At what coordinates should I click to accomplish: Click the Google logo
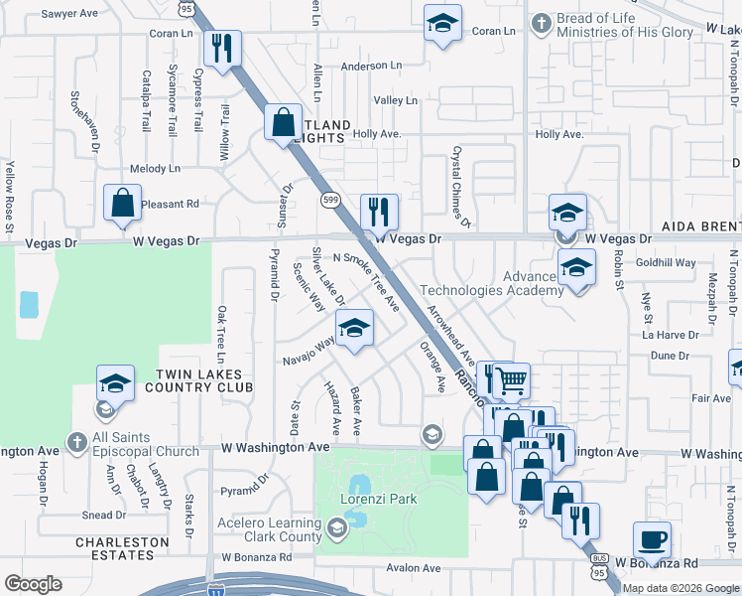[x=33, y=584]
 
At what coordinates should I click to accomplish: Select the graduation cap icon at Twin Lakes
[x=115, y=383]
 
